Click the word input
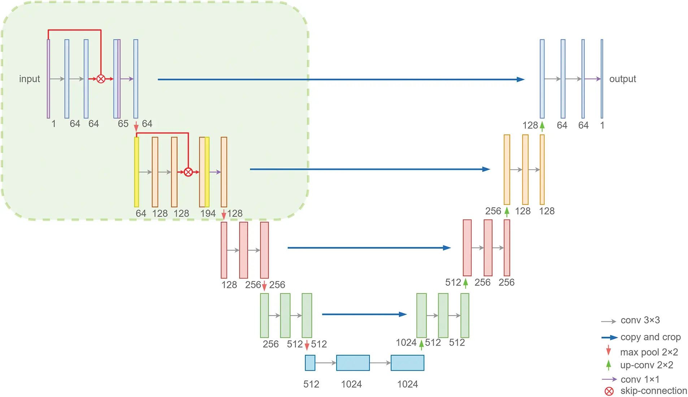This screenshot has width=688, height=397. point(29,79)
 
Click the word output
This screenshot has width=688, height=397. point(622,79)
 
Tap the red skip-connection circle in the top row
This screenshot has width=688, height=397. point(101,79)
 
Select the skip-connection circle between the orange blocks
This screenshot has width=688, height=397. point(188,172)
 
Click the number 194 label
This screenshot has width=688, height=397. point(208,213)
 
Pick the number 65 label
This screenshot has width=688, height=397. point(123,124)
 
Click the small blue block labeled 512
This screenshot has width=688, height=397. point(310,363)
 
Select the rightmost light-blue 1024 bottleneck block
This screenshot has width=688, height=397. point(407,363)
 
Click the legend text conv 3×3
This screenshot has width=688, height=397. point(640,320)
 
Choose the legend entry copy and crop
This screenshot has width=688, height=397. point(650,337)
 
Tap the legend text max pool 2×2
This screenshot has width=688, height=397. point(649,352)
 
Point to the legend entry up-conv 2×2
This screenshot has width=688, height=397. point(646,365)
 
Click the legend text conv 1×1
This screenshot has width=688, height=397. point(640,379)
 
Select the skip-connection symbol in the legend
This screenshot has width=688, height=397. point(609,391)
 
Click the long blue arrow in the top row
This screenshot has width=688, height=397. point(339,79)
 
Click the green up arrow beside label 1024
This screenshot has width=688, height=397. point(421,344)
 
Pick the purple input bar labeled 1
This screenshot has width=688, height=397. point(48,79)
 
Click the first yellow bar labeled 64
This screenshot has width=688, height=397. point(137,172)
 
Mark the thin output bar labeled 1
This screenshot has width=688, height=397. point(602,79)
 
